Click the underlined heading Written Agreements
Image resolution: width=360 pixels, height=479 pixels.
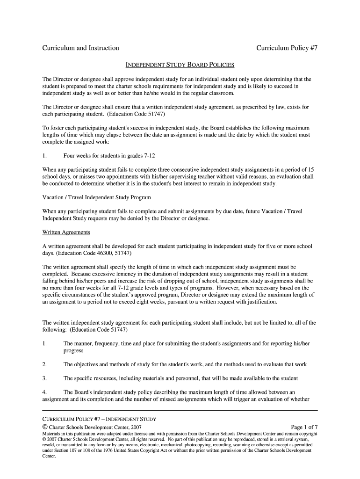66,232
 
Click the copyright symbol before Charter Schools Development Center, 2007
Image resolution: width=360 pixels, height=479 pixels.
45,427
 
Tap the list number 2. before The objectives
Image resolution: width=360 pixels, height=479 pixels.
44,364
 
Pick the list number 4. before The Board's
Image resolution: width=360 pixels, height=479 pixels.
44,392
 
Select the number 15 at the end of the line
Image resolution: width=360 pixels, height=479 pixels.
310,169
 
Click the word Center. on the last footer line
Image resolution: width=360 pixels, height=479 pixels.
49,456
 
